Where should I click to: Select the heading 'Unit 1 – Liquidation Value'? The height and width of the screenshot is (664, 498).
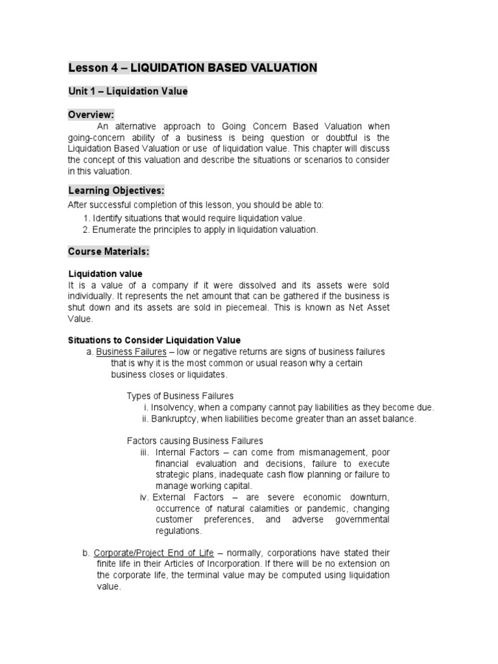coord(128,91)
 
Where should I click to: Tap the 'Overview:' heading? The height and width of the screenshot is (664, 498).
coord(91,115)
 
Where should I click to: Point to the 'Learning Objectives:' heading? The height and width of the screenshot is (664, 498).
coord(116,190)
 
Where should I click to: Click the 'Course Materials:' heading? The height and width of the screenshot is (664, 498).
coord(109,251)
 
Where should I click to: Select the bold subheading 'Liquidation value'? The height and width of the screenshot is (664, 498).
coord(105,274)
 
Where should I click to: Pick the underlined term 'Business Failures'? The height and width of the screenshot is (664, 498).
coord(131,351)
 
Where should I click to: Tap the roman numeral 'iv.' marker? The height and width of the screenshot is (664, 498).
coord(145,497)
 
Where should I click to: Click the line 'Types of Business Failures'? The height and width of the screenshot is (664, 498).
coord(180,396)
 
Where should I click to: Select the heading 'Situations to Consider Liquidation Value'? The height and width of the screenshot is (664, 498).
coord(154,340)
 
